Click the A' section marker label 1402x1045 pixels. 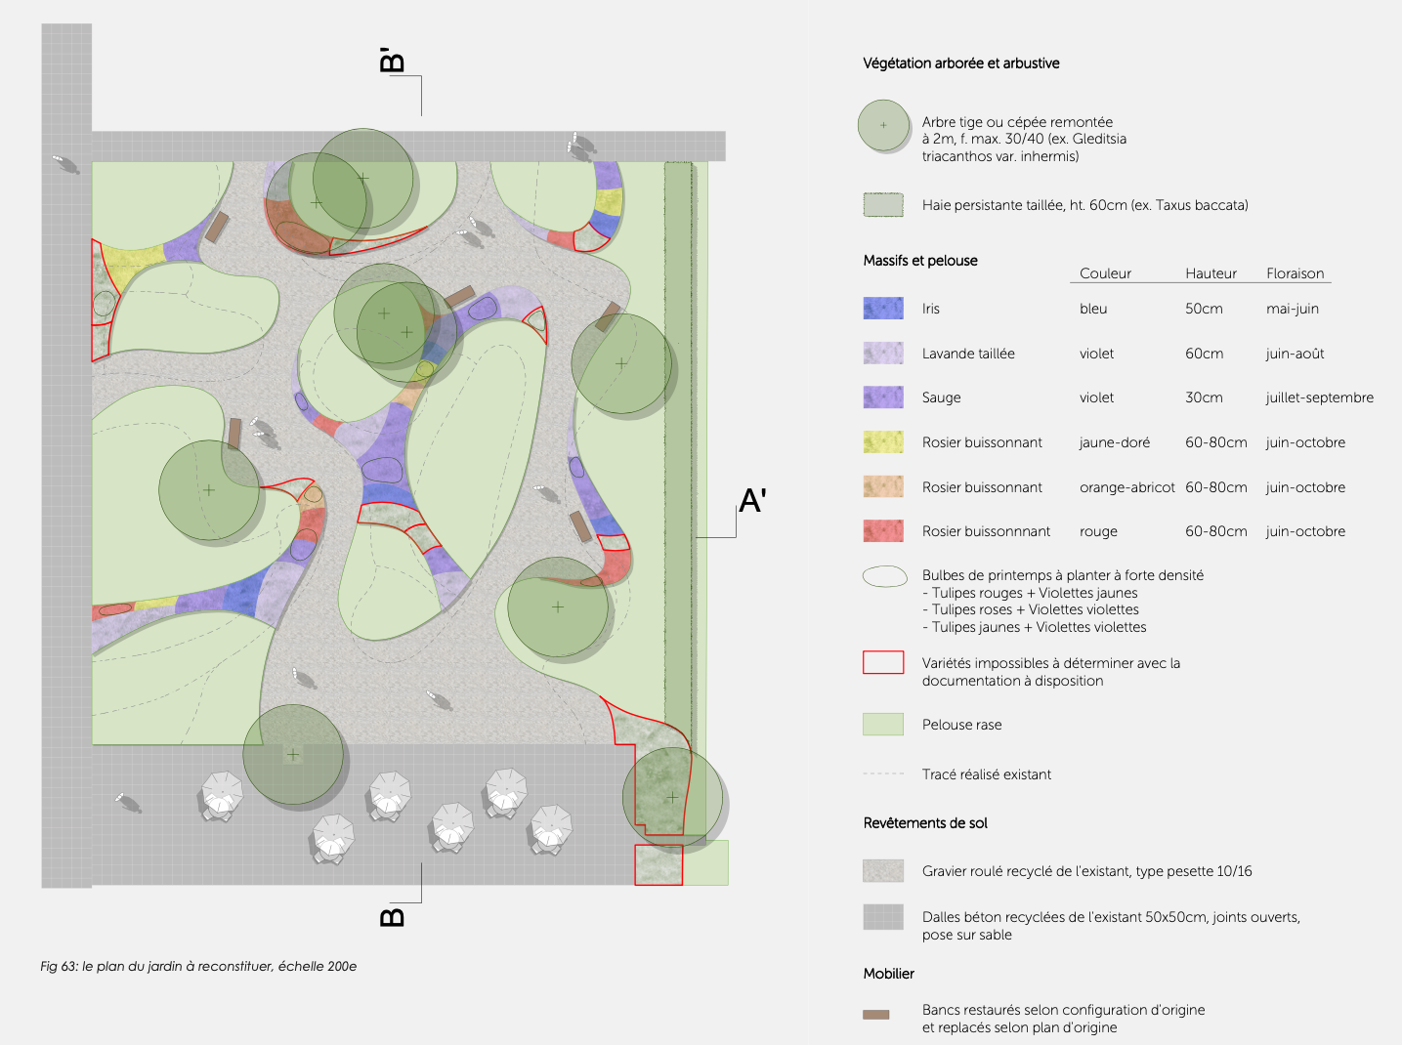coord(752,501)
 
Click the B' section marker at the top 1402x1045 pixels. coord(392,60)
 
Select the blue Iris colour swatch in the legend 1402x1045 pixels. coord(883,309)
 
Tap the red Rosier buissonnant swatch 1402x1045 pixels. coord(883,531)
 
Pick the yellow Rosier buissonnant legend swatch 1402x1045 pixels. coord(883,442)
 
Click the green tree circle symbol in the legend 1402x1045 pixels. coord(883,126)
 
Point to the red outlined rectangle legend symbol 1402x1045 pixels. coord(883,662)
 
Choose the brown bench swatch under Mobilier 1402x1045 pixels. coord(876,1015)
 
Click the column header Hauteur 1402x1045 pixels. coord(1211,273)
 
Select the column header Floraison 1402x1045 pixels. coord(1295,273)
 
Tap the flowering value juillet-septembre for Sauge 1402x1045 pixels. coord(1319,397)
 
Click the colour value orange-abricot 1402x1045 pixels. coord(1126,487)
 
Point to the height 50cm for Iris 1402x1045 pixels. coord(1204,309)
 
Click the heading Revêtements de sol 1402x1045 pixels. coord(925,823)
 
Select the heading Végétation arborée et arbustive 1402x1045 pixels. coord(960,63)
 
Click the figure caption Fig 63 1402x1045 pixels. coord(198,967)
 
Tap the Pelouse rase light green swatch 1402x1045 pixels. coord(883,724)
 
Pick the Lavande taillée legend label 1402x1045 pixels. coord(967,354)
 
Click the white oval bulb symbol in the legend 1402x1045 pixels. coord(884,576)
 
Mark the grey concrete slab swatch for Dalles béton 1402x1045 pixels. coord(883,917)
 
